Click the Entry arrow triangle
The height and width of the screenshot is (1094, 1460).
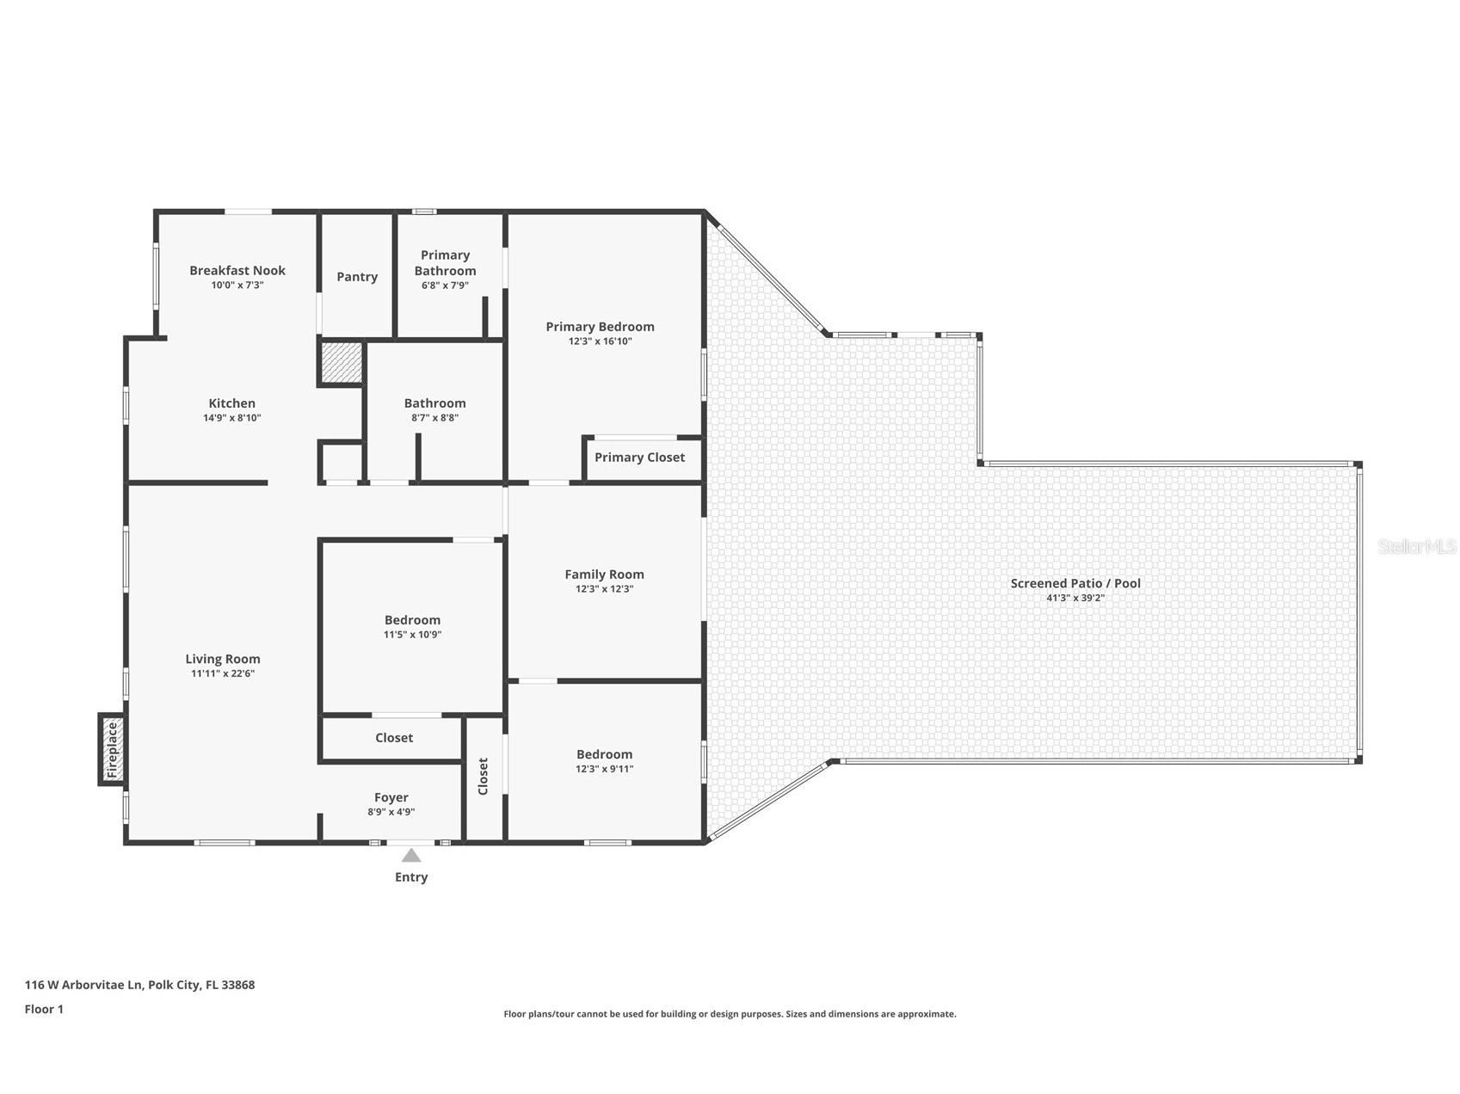click(x=411, y=855)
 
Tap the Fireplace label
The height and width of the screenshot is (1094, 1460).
click(x=112, y=750)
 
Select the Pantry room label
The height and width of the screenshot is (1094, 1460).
click(x=357, y=277)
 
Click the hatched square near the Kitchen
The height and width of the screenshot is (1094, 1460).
click(x=342, y=362)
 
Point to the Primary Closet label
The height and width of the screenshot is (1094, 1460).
click(x=639, y=458)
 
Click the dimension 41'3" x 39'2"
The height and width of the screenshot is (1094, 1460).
click(x=1075, y=598)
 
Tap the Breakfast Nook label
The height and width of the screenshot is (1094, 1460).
click(x=237, y=270)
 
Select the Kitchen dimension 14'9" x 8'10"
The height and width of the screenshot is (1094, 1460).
click(x=231, y=418)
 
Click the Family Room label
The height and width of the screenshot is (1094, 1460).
click(x=604, y=575)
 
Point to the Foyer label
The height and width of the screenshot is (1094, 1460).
click(x=391, y=797)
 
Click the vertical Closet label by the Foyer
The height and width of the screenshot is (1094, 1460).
click(x=483, y=776)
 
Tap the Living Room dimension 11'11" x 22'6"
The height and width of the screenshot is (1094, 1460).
click(x=223, y=674)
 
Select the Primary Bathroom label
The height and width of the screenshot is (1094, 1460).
click(x=445, y=262)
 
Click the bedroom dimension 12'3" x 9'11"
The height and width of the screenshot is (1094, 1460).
click(x=604, y=770)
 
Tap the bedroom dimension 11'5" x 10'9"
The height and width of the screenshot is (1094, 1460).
click(x=412, y=635)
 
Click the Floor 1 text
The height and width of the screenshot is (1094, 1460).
click(x=44, y=1010)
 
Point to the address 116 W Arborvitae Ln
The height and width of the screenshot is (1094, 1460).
click(x=83, y=986)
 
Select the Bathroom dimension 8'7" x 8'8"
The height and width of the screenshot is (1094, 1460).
click(x=434, y=418)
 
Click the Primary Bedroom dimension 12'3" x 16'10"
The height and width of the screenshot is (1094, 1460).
click(x=600, y=341)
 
